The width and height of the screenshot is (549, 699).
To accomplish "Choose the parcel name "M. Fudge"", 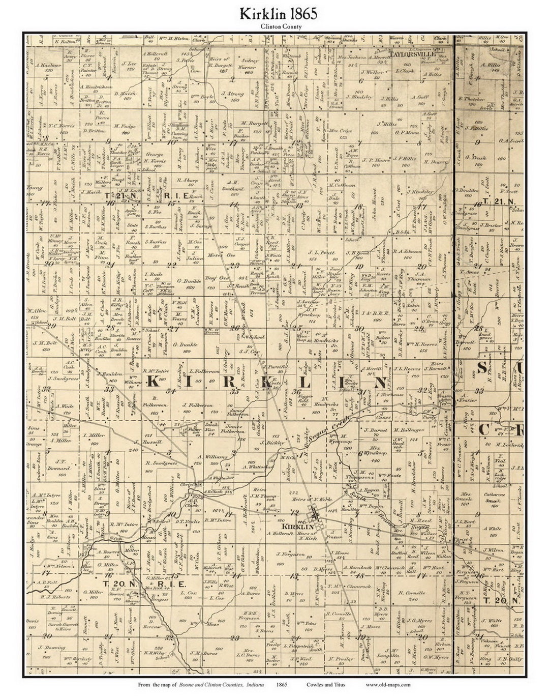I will pyautogui.click(x=124, y=126).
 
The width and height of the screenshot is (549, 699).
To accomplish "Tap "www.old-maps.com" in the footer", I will pyautogui.click(x=388, y=684).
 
